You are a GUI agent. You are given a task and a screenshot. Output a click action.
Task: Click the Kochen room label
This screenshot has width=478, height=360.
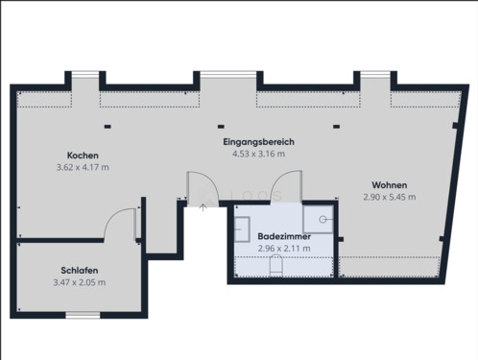click(x=83, y=156)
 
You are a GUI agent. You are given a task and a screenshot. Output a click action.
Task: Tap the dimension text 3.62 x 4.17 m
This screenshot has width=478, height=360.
click(x=83, y=167)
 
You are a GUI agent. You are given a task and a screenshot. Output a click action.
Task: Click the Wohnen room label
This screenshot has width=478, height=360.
click(x=391, y=185)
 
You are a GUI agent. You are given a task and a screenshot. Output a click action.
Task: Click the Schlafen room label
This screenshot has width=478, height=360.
click(x=80, y=271)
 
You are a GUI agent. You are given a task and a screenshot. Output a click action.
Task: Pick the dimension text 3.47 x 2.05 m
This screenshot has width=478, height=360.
click(x=80, y=282)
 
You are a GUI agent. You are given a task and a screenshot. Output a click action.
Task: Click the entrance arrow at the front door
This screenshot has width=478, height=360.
click(x=203, y=206)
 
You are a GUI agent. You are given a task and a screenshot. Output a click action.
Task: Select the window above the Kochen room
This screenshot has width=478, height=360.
click(x=84, y=76)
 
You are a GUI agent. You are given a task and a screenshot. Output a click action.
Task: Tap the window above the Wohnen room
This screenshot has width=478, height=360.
click(x=373, y=76)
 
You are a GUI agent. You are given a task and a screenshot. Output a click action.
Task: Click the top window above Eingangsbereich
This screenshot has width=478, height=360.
click(x=227, y=76)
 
